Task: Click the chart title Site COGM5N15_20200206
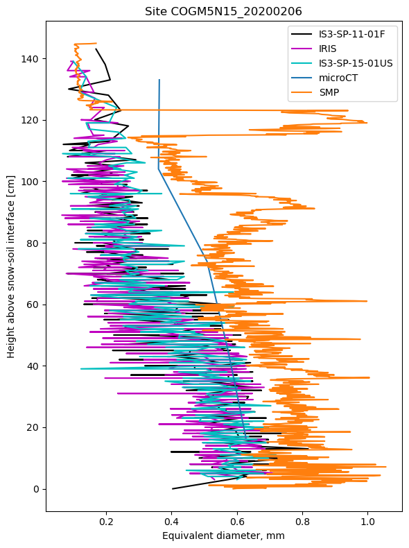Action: (223, 11)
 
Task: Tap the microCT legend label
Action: (338, 78)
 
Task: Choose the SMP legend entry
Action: (330, 92)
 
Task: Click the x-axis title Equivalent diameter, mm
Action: (223, 536)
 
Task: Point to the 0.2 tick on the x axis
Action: (106, 521)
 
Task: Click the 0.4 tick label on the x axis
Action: (171, 521)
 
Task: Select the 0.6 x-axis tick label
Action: (236, 521)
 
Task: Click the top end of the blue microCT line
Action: (159, 80)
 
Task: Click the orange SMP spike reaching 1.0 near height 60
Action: (366, 301)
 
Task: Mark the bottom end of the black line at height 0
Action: (172, 488)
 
